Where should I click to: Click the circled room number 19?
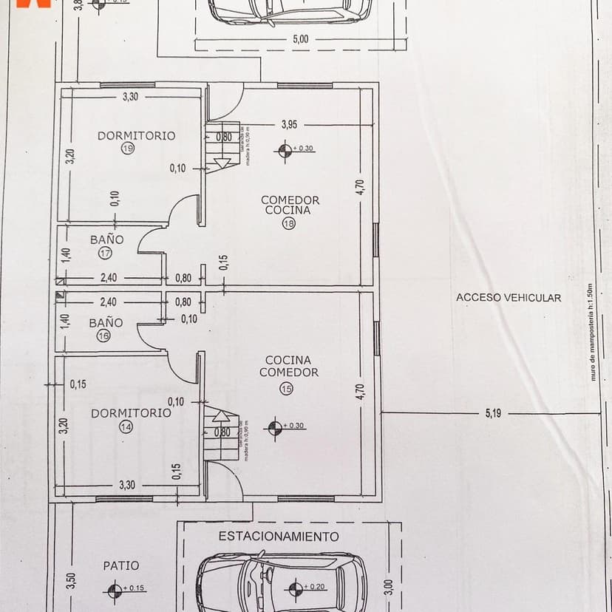(x=128, y=149)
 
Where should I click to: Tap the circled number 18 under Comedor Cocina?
(x=289, y=225)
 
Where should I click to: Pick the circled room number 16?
(x=103, y=336)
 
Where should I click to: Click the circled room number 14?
(x=126, y=426)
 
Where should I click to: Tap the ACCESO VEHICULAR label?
(x=509, y=298)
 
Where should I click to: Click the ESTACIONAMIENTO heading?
(x=279, y=537)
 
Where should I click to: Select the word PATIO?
(x=121, y=565)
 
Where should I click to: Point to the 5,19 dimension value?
(x=493, y=413)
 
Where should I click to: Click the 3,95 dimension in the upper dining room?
(x=289, y=125)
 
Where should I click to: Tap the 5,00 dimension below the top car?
(x=301, y=39)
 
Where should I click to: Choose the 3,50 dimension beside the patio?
(x=72, y=582)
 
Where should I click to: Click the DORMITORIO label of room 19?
(x=137, y=135)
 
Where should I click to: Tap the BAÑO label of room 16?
(x=106, y=323)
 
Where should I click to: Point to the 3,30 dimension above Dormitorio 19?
(x=130, y=96)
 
